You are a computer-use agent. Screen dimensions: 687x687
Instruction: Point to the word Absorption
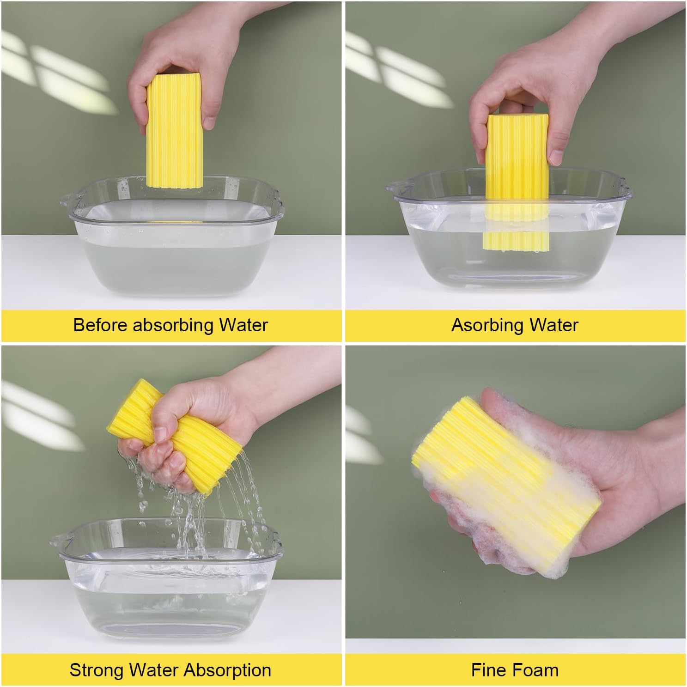[x=227, y=670]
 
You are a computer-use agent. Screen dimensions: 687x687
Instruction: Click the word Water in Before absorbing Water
[x=243, y=325]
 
